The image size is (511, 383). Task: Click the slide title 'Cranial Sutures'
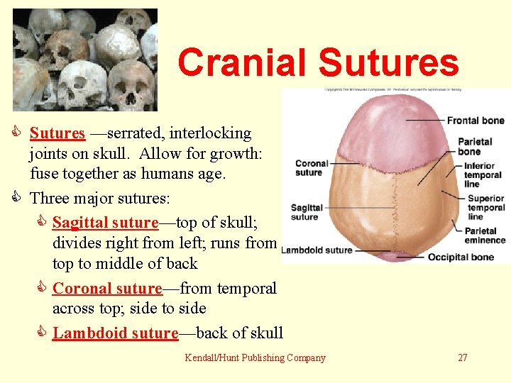point(318,62)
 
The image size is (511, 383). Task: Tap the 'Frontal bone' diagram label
point(476,121)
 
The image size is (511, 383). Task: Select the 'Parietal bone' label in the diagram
point(475,147)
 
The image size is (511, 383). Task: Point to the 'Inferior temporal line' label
point(483,175)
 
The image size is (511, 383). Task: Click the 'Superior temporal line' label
point(485,208)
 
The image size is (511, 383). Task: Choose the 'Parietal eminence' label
point(485,235)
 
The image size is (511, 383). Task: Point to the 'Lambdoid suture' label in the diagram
point(317,250)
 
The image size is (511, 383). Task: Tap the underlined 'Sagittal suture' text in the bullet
point(105,223)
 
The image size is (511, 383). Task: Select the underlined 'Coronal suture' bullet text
point(107,289)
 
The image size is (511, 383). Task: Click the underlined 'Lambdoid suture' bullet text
point(115,333)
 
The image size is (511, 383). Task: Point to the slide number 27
point(462,357)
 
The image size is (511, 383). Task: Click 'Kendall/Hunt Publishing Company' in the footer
point(255,357)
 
